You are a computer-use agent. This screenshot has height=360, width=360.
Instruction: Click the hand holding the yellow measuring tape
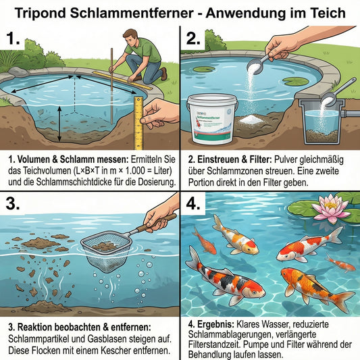(x=159, y=111)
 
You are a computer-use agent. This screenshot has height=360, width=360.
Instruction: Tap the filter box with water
(x=322, y=122)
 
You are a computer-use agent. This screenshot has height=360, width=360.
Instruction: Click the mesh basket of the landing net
(x=104, y=250)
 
